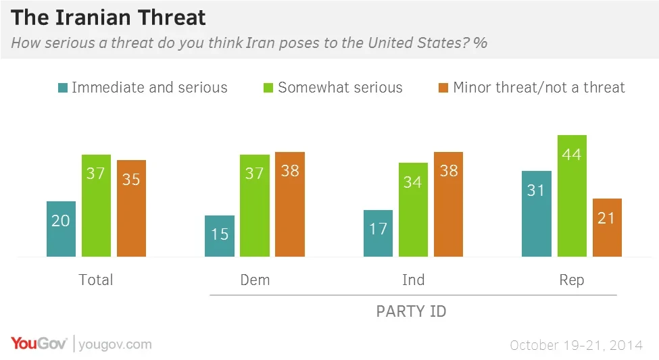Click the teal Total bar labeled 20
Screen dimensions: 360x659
61,229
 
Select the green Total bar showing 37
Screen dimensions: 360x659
96,206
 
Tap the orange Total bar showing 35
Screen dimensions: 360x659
131,209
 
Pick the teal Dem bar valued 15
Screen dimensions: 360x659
220,236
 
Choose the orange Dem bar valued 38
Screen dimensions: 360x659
290,205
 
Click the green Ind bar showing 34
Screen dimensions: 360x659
413,210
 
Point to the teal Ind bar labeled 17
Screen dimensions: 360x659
378,234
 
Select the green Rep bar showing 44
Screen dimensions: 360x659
572,196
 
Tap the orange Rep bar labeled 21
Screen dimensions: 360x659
607,228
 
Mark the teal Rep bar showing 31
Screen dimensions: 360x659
537,214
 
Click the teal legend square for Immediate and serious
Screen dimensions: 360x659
63,88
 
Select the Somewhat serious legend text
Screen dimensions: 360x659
340,88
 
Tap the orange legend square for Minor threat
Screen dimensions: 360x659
443,88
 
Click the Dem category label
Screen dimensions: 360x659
255,280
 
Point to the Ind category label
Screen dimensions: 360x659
413,280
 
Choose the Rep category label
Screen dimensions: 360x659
572,280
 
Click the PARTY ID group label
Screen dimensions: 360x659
411,311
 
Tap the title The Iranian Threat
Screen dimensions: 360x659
109,16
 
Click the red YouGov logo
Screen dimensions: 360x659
39,344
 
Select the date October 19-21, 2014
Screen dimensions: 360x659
576,345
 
